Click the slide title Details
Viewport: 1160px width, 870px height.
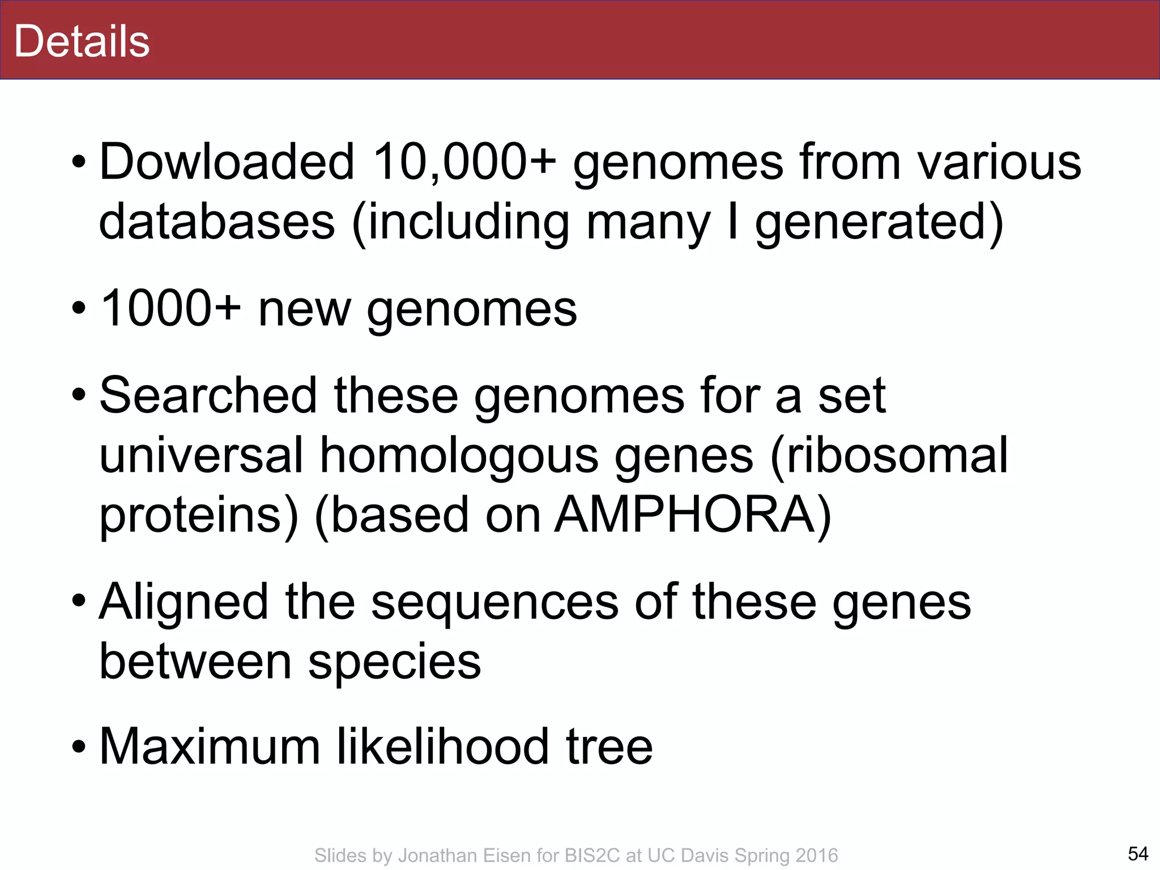click(82, 41)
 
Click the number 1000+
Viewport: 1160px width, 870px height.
click(170, 309)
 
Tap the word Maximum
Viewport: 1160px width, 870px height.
click(210, 747)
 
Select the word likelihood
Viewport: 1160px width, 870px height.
click(443, 747)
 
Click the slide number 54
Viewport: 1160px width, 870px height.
click(1138, 854)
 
